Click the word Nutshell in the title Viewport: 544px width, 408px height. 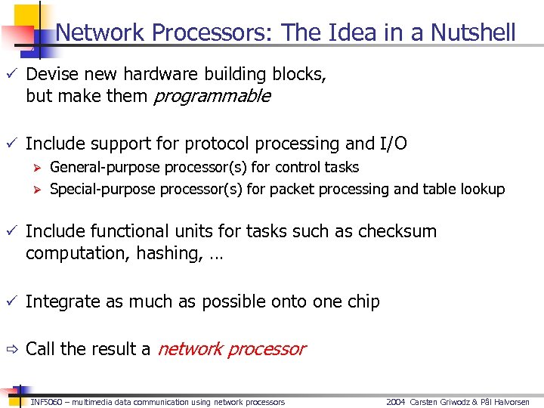coord(473,32)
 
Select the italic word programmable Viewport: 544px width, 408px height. coord(212,96)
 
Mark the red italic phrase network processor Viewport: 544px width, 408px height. coord(231,349)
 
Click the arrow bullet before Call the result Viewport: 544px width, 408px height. coord(11,349)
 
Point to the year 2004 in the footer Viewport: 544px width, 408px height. coord(396,402)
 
